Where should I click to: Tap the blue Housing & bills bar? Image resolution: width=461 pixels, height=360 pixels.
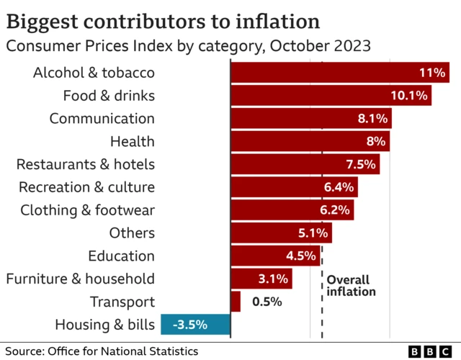pyautogui.click(x=195, y=325)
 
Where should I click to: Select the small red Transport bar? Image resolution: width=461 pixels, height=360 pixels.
pyautogui.click(x=236, y=302)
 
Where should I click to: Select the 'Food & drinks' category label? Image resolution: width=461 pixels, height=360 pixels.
pyautogui.click(x=109, y=95)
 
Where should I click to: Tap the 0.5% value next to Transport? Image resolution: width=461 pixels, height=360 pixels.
pyautogui.click(x=266, y=302)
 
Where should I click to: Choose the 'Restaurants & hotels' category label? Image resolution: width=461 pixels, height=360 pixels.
pyautogui.click(x=85, y=164)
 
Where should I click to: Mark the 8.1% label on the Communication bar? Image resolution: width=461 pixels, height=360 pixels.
pyautogui.click(x=372, y=118)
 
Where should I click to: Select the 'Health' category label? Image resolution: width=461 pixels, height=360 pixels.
pyautogui.click(x=132, y=141)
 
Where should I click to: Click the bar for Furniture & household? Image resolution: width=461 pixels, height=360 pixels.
pyautogui.click(x=261, y=279)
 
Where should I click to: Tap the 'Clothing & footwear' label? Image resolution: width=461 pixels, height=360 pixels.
pyautogui.click(x=87, y=210)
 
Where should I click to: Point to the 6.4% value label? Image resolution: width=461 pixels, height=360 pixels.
pyautogui.click(x=339, y=187)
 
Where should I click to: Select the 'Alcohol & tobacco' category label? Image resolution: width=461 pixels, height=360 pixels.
pyautogui.click(x=94, y=72)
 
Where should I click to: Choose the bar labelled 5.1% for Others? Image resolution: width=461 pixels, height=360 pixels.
pyautogui.click(x=280, y=233)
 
